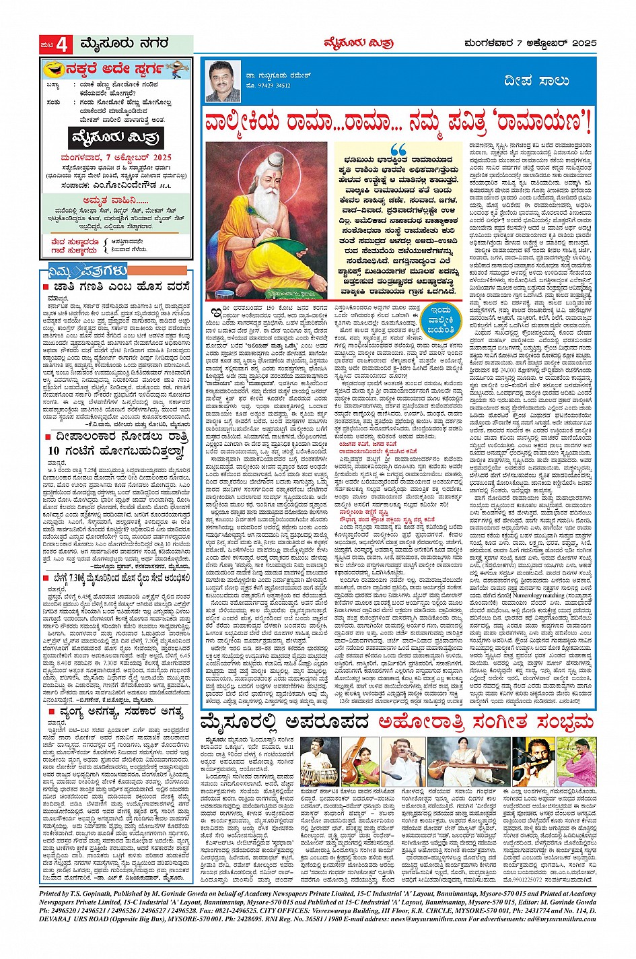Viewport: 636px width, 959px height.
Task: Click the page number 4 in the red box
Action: click(x=63, y=45)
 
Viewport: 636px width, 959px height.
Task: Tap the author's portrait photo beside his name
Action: click(x=223, y=81)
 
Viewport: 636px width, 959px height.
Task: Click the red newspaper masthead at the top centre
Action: click(x=349, y=44)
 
